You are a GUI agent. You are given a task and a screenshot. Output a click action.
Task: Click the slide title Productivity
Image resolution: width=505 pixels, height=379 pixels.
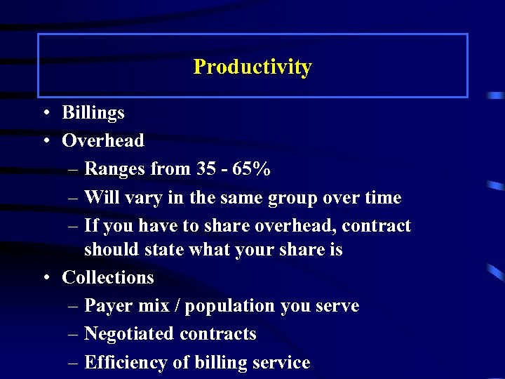[252, 67]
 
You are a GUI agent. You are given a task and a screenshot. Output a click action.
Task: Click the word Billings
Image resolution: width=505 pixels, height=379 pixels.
[93, 113]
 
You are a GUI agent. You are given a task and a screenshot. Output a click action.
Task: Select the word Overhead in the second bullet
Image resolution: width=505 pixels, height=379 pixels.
[103, 140]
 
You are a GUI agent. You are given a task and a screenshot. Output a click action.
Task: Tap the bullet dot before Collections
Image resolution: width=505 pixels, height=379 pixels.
[45, 278]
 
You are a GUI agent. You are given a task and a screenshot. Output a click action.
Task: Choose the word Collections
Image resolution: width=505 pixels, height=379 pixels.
[108, 278]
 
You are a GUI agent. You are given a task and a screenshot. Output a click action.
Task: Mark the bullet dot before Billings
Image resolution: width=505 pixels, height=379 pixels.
[45, 113]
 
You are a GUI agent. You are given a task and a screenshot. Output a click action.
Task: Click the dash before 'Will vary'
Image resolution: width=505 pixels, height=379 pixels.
[74, 199]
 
